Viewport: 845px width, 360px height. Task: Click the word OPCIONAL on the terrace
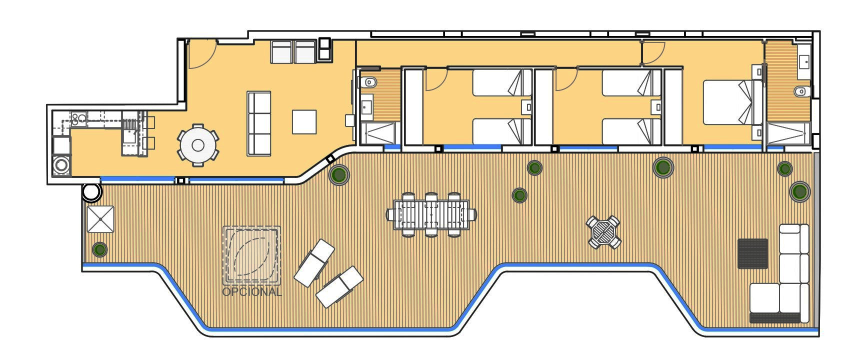coord(251,291)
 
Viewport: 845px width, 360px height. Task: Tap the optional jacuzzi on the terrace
coord(251,255)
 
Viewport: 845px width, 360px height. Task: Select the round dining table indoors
coord(198,145)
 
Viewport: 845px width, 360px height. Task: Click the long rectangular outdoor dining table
coord(431,214)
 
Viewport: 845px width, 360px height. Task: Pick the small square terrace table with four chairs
coord(603,232)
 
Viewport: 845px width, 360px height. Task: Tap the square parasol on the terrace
coord(100,219)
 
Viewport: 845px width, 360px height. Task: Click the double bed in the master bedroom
coord(728,102)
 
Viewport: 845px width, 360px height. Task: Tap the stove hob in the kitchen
coord(78,119)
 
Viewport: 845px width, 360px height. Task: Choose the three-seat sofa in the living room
coord(259,123)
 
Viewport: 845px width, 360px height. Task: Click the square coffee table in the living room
coord(304,121)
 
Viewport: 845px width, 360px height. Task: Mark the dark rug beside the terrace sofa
coord(752,253)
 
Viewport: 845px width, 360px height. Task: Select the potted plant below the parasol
coord(99,249)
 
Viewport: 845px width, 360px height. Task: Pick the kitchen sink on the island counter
coord(130,135)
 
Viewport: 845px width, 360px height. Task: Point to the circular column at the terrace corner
coord(91,192)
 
